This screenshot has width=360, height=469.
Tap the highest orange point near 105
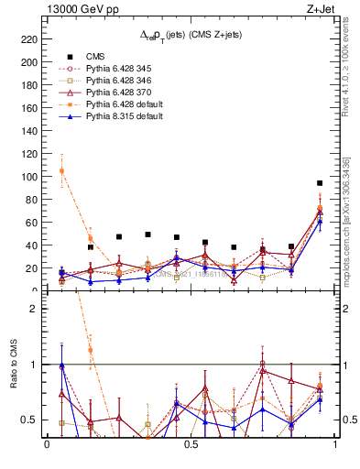tap(61, 170)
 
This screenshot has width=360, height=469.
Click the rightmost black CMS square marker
tap(320, 183)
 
